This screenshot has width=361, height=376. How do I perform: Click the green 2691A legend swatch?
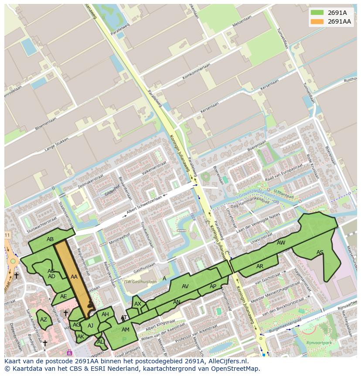(317, 13)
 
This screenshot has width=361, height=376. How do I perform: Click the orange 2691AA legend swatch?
(317, 21)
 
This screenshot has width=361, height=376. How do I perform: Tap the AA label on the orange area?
(74, 276)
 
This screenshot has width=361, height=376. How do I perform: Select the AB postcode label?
(50, 239)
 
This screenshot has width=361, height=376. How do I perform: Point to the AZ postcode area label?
(44, 320)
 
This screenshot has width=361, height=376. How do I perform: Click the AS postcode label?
(320, 252)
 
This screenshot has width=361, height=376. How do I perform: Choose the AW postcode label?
(281, 242)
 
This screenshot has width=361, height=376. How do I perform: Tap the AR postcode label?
(260, 266)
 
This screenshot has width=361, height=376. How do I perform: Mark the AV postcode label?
(185, 286)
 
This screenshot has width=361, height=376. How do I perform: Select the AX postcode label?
(138, 304)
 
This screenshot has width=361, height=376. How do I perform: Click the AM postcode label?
(126, 329)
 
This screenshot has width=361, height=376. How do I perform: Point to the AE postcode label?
(64, 296)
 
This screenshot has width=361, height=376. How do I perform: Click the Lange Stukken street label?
(58, 145)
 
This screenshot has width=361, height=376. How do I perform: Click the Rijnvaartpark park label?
(319, 343)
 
